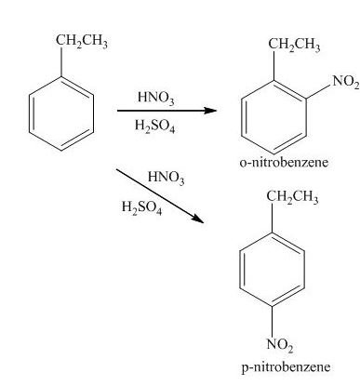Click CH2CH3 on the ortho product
(293, 45)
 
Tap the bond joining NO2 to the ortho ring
(317, 93)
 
